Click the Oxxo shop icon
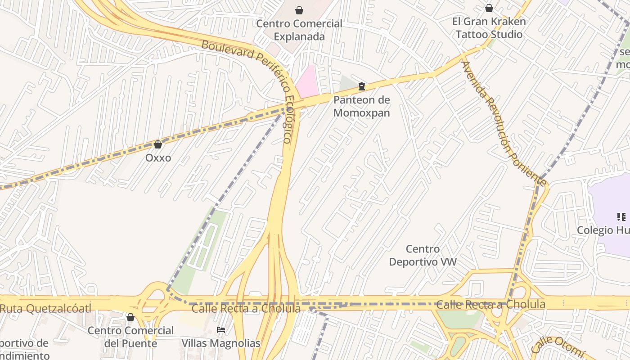(157, 144)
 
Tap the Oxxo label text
(158, 158)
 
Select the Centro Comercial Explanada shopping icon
(299, 10)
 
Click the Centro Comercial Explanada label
(299, 30)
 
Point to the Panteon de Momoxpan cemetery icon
(361, 86)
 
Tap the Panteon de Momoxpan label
(361, 106)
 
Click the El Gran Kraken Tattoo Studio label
(489, 28)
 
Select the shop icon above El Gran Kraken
(489, 8)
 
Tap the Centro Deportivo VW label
(423, 255)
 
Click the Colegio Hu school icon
(621, 217)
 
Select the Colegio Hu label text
(603, 230)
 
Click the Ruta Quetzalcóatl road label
(45, 308)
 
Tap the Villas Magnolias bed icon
(220, 330)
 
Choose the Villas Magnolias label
(221, 343)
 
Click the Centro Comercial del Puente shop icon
(130, 317)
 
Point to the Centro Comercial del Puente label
(130, 337)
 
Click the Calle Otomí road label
(558, 344)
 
